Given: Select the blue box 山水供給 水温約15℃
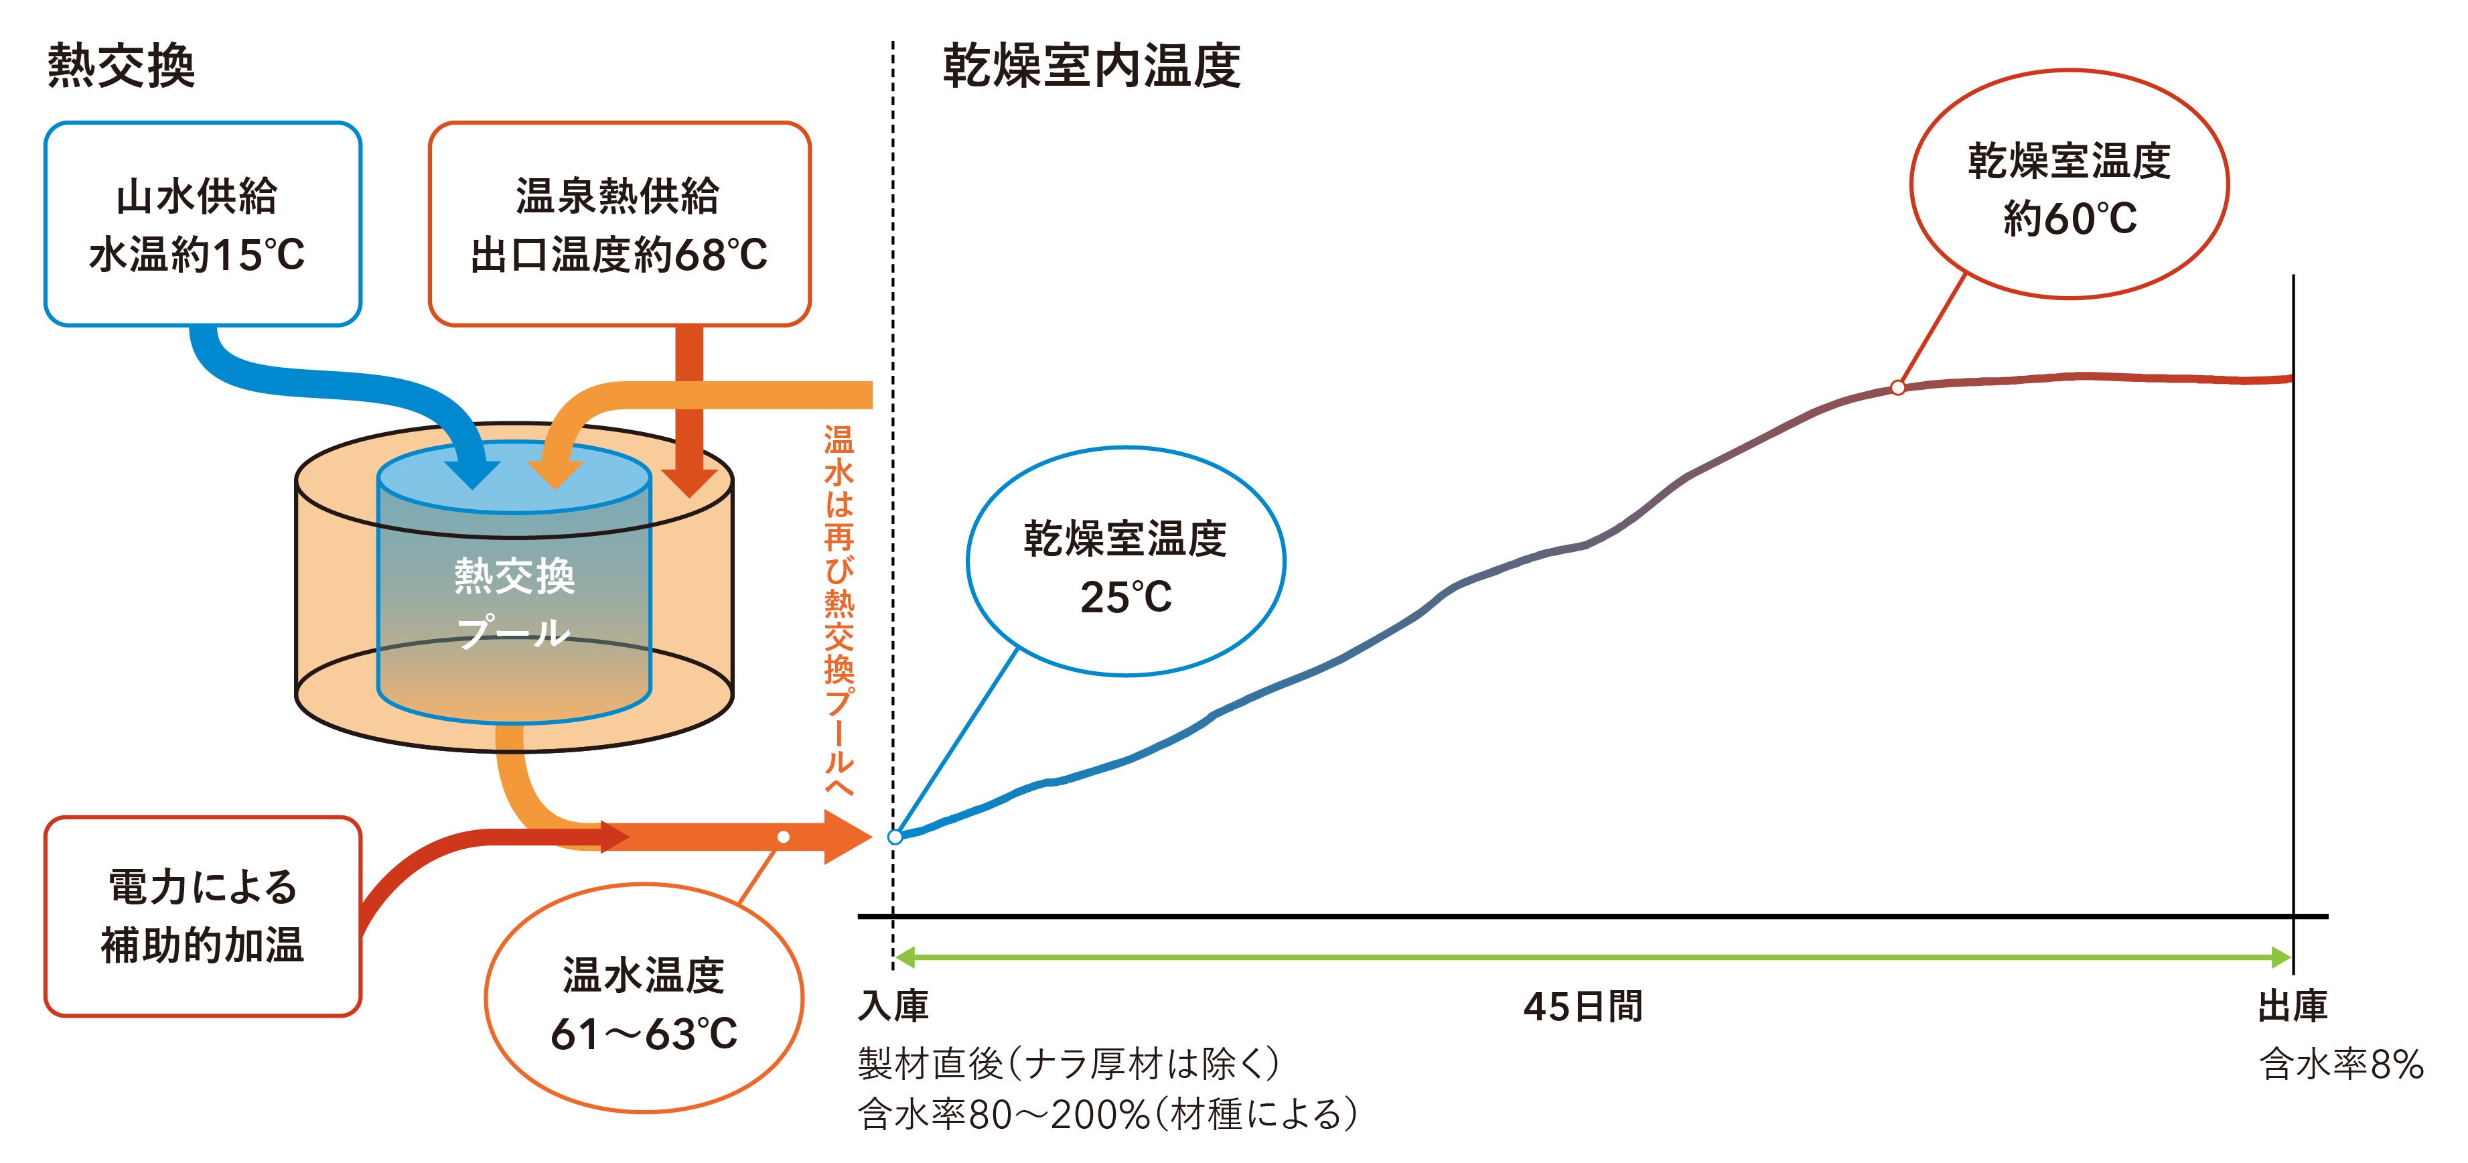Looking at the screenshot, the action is [202, 224].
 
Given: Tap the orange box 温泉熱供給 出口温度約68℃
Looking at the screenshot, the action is [619, 224].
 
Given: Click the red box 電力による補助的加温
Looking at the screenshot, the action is [202, 916].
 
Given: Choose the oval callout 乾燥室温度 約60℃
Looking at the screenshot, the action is [2070, 186].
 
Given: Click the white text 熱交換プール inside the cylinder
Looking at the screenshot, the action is [514, 604].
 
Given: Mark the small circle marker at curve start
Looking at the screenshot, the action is [895, 836].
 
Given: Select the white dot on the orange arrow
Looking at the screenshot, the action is [784, 837].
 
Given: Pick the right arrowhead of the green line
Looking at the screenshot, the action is [2281, 956].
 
